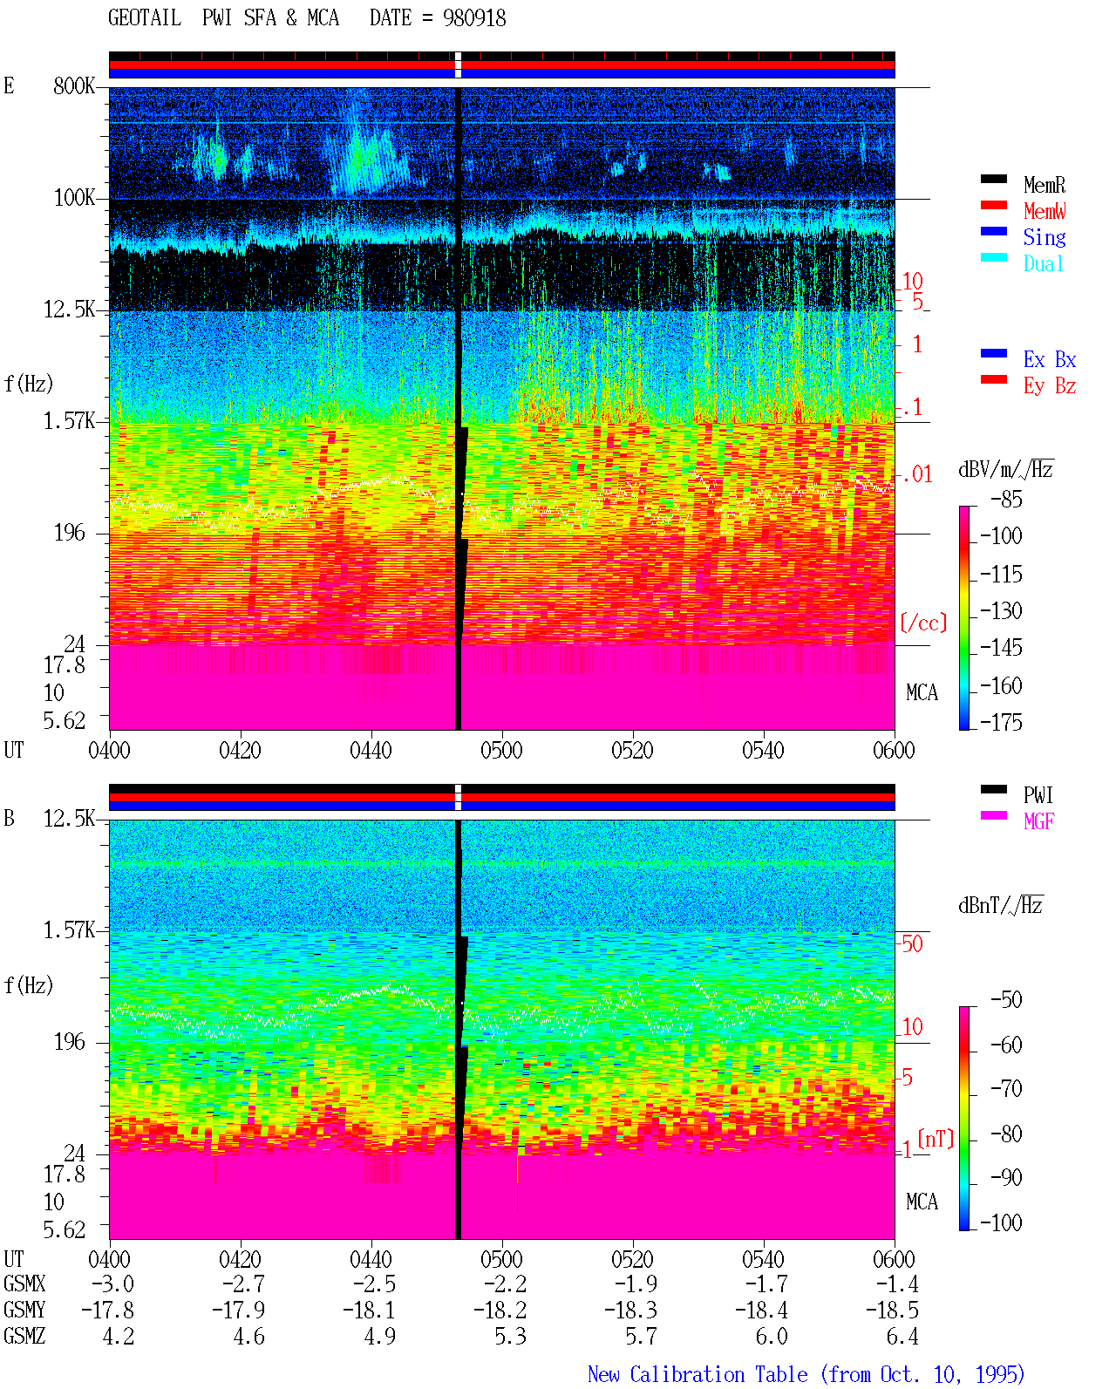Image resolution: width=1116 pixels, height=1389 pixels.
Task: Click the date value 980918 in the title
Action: tap(473, 18)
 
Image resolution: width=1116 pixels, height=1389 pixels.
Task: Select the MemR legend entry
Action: tap(1045, 185)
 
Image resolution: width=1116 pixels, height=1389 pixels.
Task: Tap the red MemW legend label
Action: tap(1045, 211)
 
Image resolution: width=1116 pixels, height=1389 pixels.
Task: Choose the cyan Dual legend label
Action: tap(1043, 263)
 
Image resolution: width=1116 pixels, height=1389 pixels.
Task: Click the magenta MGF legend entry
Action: tap(1038, 821)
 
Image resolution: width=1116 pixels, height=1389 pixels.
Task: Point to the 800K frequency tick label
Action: tap(74, 85)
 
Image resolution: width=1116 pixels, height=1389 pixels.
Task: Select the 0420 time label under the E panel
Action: tap(240, 750)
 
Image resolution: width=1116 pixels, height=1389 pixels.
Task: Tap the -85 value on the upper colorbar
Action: tap(1006, 499)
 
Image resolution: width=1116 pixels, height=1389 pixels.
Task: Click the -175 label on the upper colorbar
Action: tap(1001, 722)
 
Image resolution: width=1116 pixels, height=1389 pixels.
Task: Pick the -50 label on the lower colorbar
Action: tap(1006, 1000)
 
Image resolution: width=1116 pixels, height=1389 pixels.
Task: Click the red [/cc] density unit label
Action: tap(923, 623)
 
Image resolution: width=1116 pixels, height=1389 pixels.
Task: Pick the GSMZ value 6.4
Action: tap(902, 1336)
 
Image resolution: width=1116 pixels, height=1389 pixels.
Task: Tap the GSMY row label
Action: tap(24, 1310)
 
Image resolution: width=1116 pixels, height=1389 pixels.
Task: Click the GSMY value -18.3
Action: tap(630, 1310)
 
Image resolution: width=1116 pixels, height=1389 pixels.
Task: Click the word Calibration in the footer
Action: tap(686, 1374)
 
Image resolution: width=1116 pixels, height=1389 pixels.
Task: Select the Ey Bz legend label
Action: tap(1050, 385)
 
